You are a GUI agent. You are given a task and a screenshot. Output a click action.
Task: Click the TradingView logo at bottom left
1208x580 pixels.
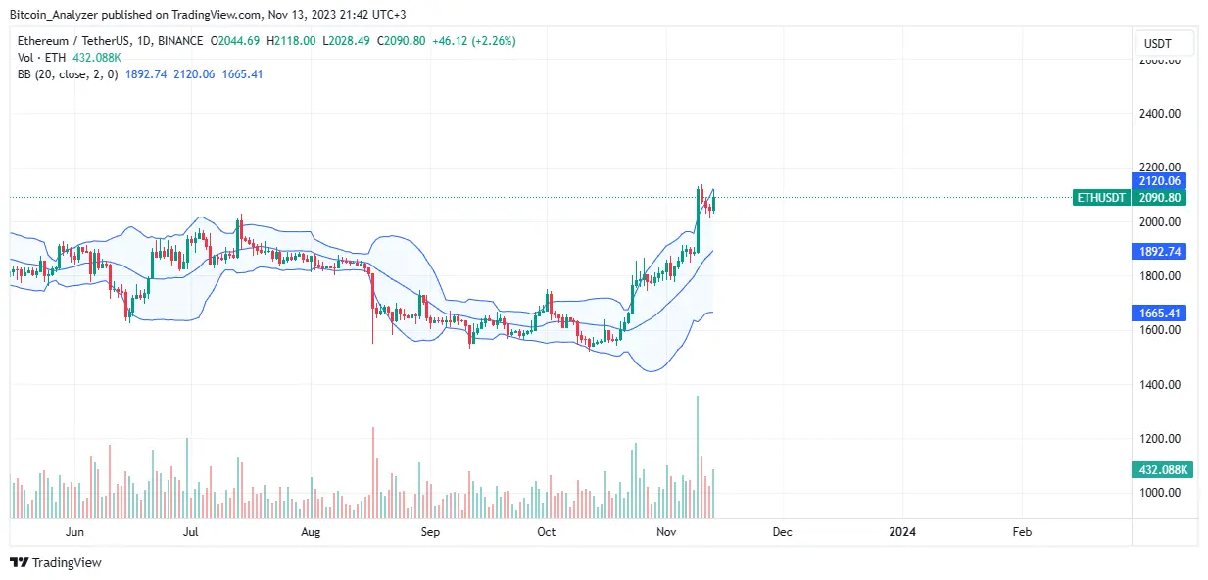(56, 562)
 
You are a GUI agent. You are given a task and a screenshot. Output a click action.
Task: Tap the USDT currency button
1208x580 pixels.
(1164, 43)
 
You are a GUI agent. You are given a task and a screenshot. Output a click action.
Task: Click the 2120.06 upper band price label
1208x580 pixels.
(1162, 181)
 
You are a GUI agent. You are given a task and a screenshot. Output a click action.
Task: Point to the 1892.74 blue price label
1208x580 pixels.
(1162, 252)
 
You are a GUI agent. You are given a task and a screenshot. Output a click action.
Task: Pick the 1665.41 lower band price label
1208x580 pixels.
(1162, 313)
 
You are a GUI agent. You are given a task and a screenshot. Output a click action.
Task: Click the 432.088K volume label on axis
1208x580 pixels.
(1162, 470)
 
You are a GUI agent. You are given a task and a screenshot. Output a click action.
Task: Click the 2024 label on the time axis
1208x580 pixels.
(901, 532)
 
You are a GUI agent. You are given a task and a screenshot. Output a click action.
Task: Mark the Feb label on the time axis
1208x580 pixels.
(1021, 532)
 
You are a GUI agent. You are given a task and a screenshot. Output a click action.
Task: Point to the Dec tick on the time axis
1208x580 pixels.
(782, 532)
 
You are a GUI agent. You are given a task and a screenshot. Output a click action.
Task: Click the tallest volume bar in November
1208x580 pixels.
(698, 457)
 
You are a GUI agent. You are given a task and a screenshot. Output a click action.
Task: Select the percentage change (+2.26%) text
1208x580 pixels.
(493, 41)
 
